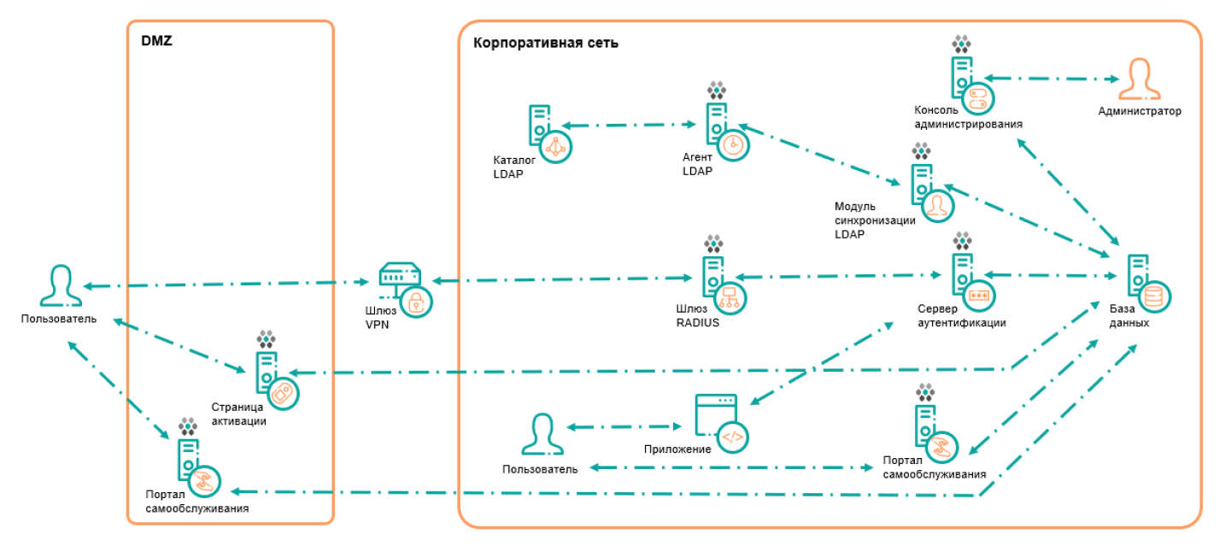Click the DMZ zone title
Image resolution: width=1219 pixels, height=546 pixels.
[x=156, y=40]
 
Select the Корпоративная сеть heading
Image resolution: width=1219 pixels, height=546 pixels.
[x=545, y=43]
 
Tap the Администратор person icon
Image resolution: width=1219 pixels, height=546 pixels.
[x=1139, y=81]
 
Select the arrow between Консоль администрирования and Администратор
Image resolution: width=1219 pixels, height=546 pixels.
[x=1052, y=79]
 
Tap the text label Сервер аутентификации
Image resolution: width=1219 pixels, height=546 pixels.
[x=961, y=315]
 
